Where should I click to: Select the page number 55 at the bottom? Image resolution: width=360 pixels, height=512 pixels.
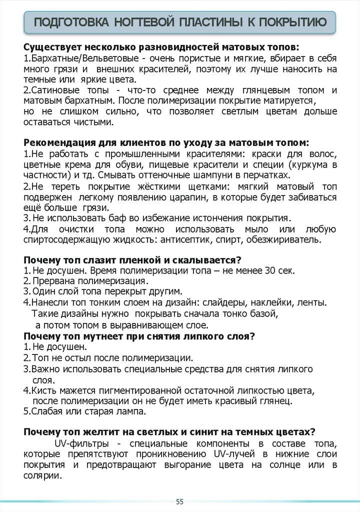click(x=180, y=501)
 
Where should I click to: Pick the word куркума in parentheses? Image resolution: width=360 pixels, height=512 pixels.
click(x=311, y=164)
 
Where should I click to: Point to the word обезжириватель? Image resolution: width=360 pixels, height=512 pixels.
click(x=292, y=239)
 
